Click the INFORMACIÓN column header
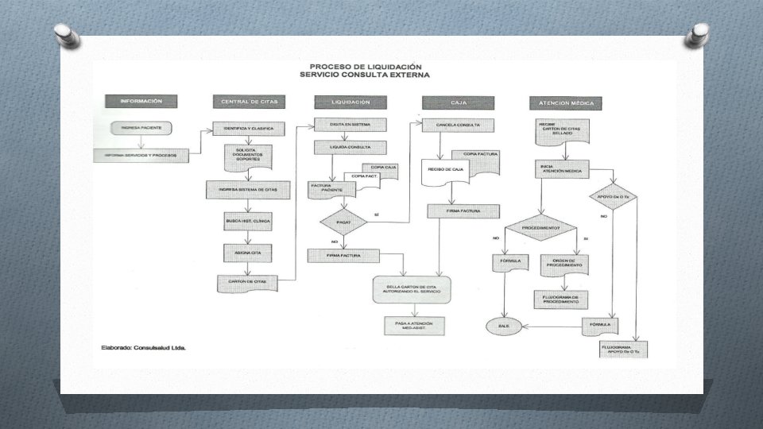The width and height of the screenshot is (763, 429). pos(141,102)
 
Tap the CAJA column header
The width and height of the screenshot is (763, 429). pos(458,102)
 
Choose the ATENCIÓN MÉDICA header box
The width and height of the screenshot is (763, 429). pos(566,103)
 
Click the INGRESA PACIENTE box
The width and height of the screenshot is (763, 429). pos(141,127)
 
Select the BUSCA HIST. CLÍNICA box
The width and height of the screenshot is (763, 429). pos(248,221)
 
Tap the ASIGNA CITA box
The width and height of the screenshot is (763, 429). pos(248,252)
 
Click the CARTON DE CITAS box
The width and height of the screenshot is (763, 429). pos(248,281)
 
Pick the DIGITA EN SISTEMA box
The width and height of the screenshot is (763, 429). pos(351,124)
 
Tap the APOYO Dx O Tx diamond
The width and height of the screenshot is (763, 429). pos(611,195)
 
